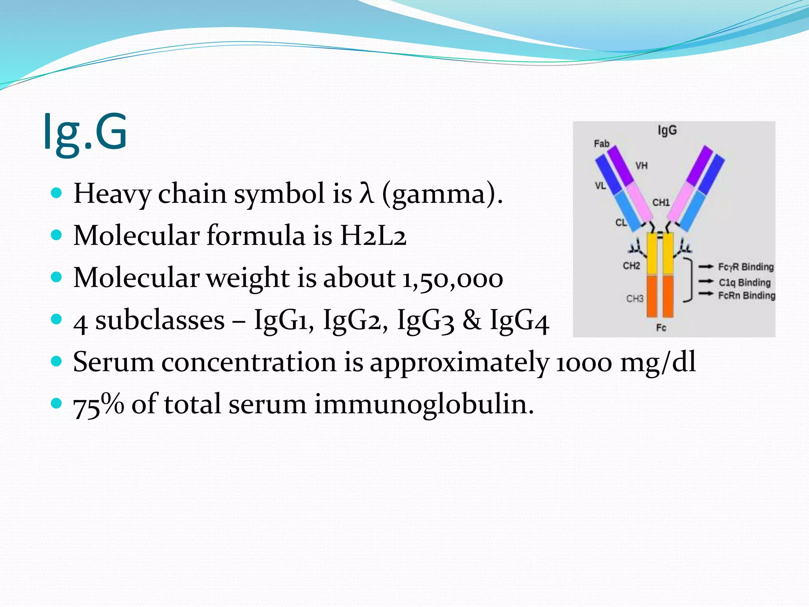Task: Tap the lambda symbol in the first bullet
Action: [x=366, y=194]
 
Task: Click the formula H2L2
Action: [x=373, y=236]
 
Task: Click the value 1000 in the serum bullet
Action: [x=584, y=362]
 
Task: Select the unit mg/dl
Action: [x=658, y=362]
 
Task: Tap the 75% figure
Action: [x=98, y=404]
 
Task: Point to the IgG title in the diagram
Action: [x=667, y=130]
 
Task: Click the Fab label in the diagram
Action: [x=602, y=143]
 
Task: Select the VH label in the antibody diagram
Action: [x=642, y=166]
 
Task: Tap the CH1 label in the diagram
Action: [x=661, y=203]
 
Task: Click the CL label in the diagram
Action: [x=621, y=222]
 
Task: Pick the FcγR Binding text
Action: [x=746, y=267]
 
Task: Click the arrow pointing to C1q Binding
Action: [x=706, y=282]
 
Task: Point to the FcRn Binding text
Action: [x=747, y=296]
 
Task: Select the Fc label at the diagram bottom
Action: [x=661, y=328]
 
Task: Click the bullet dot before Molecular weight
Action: [x=57, y=277]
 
